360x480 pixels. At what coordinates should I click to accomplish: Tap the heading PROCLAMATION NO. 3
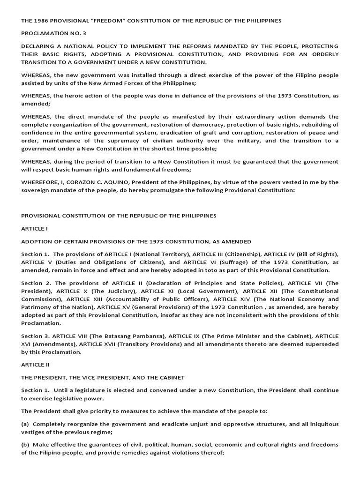click(x=48, y=34)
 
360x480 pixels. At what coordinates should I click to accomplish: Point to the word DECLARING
click(x=37, y=46)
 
